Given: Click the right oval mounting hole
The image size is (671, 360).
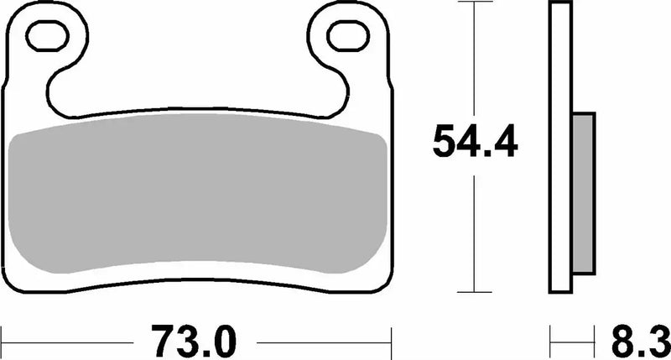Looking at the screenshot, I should [346, 35].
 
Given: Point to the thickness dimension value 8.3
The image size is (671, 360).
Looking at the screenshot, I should [634, 341].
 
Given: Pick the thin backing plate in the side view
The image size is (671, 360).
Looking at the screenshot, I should [560, 148].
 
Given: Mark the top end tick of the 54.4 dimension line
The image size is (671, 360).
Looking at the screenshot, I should [476, 3].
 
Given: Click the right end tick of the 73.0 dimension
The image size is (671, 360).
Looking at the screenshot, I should [392, 341].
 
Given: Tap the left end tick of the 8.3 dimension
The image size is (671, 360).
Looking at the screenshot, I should [551, 341].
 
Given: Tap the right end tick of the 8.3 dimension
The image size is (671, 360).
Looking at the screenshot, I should [595, 341].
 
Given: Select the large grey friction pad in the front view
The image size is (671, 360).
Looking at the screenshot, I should [197, 201].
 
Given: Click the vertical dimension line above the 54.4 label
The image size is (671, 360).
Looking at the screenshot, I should [476, 59].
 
